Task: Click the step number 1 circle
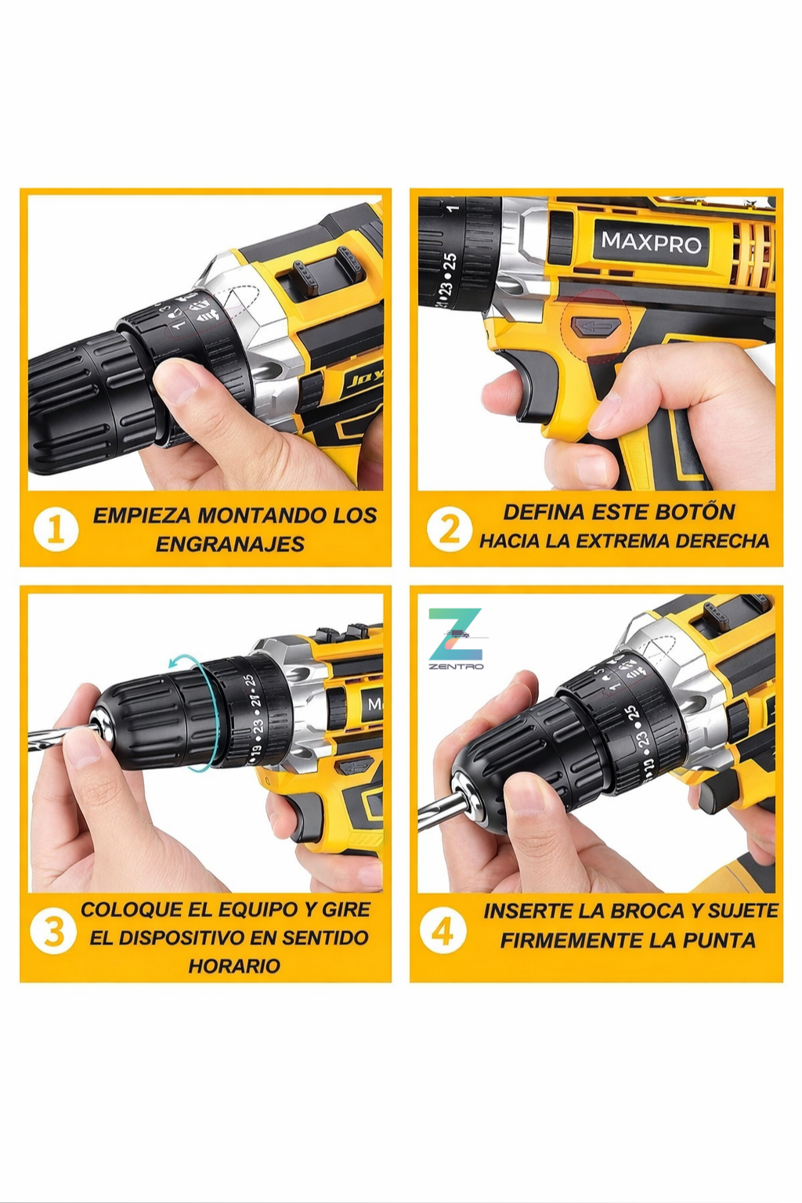(56, 529)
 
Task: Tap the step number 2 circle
(449, 529)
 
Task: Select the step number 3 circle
(53, 932)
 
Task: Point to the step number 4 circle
(443, 932)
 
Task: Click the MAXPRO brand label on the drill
(651, 243)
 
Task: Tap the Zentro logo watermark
(456, 638)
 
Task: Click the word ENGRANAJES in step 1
(229, 544)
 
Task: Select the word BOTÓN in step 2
(695, 512)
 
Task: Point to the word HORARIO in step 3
(233, 966)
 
